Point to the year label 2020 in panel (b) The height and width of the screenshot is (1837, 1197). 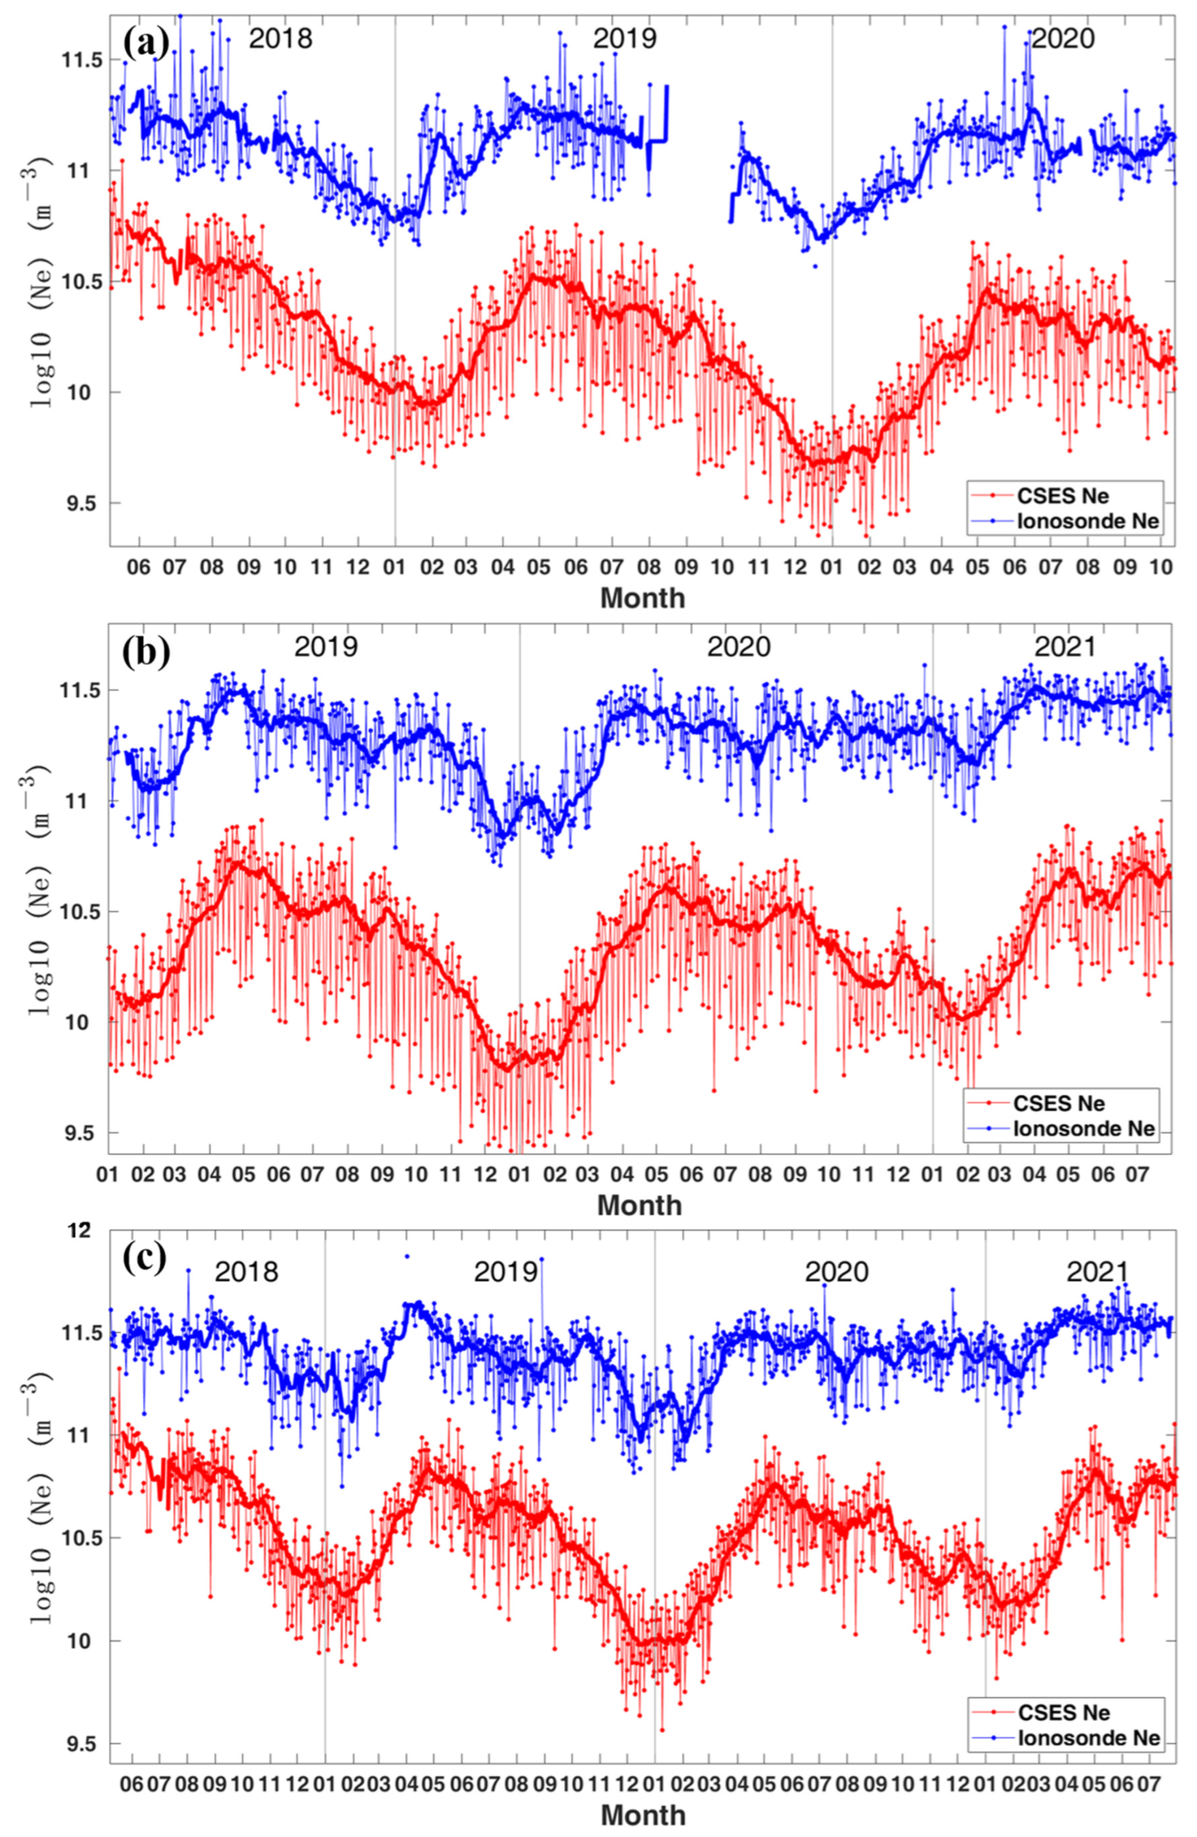pos(738,646)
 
